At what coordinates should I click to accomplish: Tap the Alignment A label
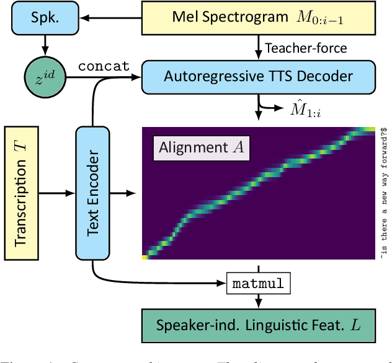pyautogui.click(x=201, y=147)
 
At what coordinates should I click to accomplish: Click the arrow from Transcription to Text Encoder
pyautogui.click(x=56, y=193)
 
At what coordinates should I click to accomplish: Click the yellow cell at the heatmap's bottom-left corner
pyautogui.click(x=146, y=256)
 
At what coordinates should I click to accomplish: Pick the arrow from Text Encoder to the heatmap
pyautogui.click(x=125, y=193)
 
